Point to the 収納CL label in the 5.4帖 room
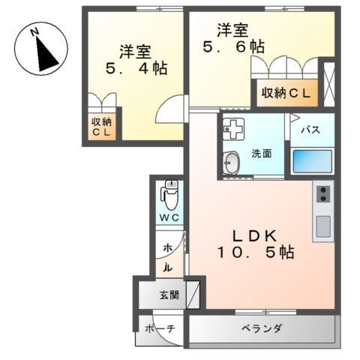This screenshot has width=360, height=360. (x=101, y=127)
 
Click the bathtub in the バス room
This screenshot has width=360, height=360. (x=312, y=160)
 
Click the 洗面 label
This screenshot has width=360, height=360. (x=262, y=154)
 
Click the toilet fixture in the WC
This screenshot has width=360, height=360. (x=169, y=197)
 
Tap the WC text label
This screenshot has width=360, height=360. (x=169, y=217)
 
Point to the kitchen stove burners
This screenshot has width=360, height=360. (x=323, y=194)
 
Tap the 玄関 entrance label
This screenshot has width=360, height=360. (x=169, y=294)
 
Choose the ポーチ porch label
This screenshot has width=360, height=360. (x=160, y=328)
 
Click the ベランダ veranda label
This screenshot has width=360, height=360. (x=262, y=328)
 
